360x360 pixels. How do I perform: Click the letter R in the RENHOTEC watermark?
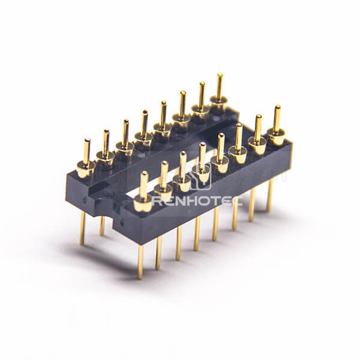point(158,202)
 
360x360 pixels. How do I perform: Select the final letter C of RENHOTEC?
point(237,202)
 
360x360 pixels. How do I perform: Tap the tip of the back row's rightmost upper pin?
point(220,74)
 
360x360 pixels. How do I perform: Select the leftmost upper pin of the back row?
point(86,151)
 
